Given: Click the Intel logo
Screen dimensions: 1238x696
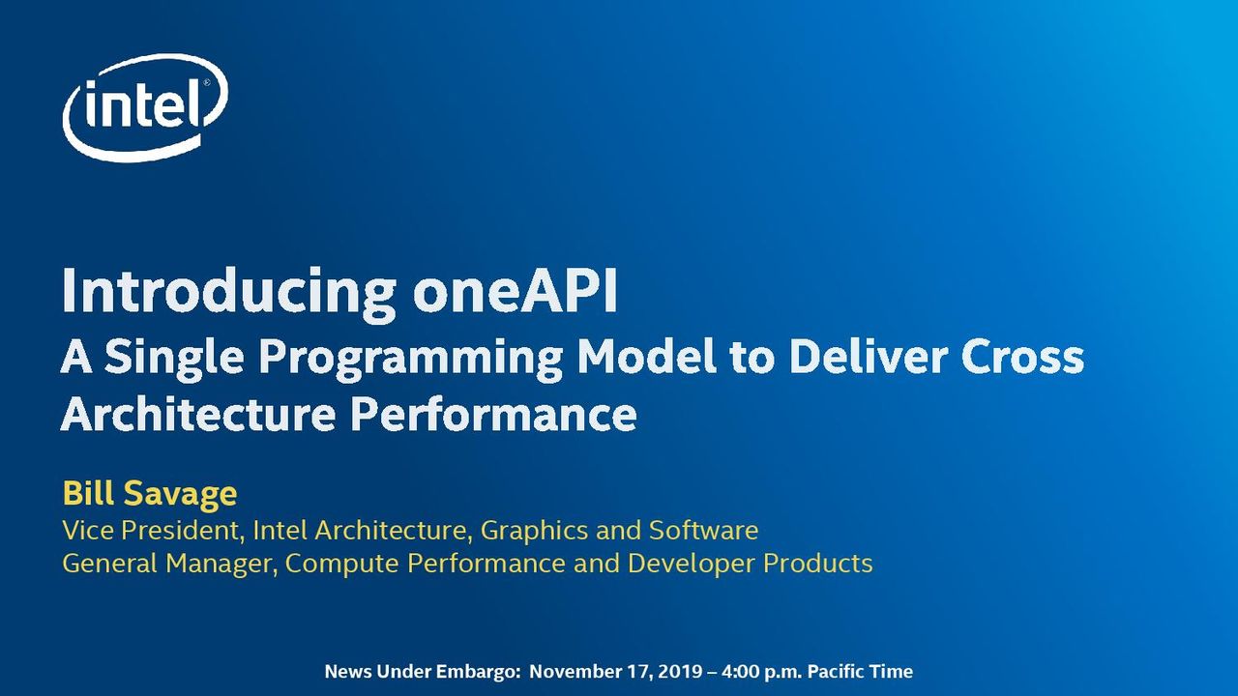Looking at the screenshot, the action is point(145,108).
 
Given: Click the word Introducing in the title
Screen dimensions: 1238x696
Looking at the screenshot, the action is point(229,292).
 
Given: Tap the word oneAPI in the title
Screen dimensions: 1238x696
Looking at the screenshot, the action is point(516,291).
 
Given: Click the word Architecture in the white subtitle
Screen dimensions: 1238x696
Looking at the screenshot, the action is point(198,414).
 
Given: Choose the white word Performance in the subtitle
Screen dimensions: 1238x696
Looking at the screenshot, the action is point(493,414).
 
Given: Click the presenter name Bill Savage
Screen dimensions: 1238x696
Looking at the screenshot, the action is point(150,493).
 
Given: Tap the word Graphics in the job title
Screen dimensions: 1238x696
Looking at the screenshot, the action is point(533,532).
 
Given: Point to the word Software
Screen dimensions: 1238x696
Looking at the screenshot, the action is point(703,530).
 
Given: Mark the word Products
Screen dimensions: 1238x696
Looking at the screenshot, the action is point(818,564).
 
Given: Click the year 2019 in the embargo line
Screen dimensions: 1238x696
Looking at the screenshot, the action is point(680,672).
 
